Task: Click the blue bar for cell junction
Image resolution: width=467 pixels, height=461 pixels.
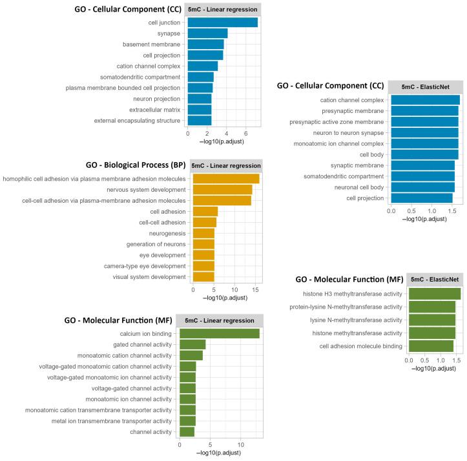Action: click(222, 23)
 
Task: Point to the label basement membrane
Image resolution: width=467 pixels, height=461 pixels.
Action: click(152, 45)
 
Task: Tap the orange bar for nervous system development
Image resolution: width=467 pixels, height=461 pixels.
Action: click(222, 189)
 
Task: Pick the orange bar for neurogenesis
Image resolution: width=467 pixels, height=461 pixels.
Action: click(203, 233)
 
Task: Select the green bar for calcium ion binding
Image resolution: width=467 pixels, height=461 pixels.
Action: click(219, 333)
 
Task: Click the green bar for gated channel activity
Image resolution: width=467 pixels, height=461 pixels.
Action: click(192, 344)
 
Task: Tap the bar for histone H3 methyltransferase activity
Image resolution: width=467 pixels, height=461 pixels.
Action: click(435, 294)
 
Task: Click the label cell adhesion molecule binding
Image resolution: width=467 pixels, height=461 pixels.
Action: click(361, 346)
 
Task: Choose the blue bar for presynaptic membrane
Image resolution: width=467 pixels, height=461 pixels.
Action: click(424, 111)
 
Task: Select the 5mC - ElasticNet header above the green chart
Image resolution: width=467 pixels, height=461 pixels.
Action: click(435, 279)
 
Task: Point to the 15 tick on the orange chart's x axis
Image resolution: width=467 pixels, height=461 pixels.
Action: click(255, 290)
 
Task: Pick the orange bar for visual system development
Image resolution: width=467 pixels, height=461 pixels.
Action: click(203, 277)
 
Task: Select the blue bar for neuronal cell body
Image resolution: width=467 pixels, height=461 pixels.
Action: click(422, 187)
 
